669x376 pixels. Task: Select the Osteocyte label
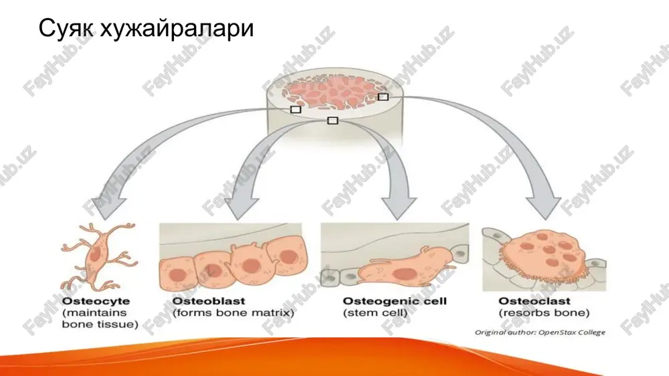(96, 301)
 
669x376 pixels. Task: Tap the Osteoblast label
(209, 301)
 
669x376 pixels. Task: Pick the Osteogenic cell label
(395, 301)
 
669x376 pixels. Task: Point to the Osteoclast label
(534, 301)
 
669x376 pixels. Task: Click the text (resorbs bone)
(544, 313)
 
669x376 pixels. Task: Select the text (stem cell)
(375, 313)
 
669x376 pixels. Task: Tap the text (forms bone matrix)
(233, 313)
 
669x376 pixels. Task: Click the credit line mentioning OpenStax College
(540, 332)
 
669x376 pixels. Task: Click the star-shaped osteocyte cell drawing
(100, 256)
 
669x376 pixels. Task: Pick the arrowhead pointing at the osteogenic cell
(398, 207)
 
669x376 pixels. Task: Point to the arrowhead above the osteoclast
(543, 208)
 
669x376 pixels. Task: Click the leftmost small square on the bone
(295, 110)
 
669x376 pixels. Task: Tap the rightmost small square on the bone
(383, 97)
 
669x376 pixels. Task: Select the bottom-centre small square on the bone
(332, 121)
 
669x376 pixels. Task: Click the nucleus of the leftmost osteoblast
(177, 274)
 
